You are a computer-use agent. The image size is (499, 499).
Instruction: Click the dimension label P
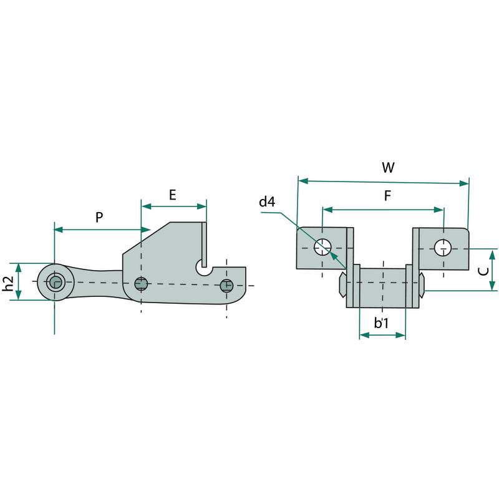(99, 217)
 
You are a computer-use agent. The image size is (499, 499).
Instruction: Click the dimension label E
(173, 194)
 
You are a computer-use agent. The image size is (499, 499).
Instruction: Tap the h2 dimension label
(8, 282)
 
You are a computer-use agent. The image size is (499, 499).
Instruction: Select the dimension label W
(387, 168)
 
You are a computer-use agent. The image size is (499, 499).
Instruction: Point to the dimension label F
(387, 196)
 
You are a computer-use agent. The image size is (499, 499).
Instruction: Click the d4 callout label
(267, 201)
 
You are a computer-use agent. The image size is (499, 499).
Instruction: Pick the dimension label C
(481, 271)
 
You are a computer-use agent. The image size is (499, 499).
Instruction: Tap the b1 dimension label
(382, 323)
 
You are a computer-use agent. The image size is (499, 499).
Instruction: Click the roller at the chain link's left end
(54, 282)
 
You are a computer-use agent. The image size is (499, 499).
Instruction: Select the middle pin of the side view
(142, 284)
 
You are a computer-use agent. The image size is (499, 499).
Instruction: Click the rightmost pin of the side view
(226, 286)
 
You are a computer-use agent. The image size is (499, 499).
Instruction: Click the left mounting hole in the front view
(322, 247)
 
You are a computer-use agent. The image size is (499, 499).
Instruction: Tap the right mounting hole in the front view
(443, 247)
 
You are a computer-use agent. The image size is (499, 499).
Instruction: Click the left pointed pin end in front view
(342, 284)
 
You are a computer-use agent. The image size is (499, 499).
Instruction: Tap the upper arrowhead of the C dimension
(493, 253)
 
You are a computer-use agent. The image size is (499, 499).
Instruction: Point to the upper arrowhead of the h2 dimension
(19, 267)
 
